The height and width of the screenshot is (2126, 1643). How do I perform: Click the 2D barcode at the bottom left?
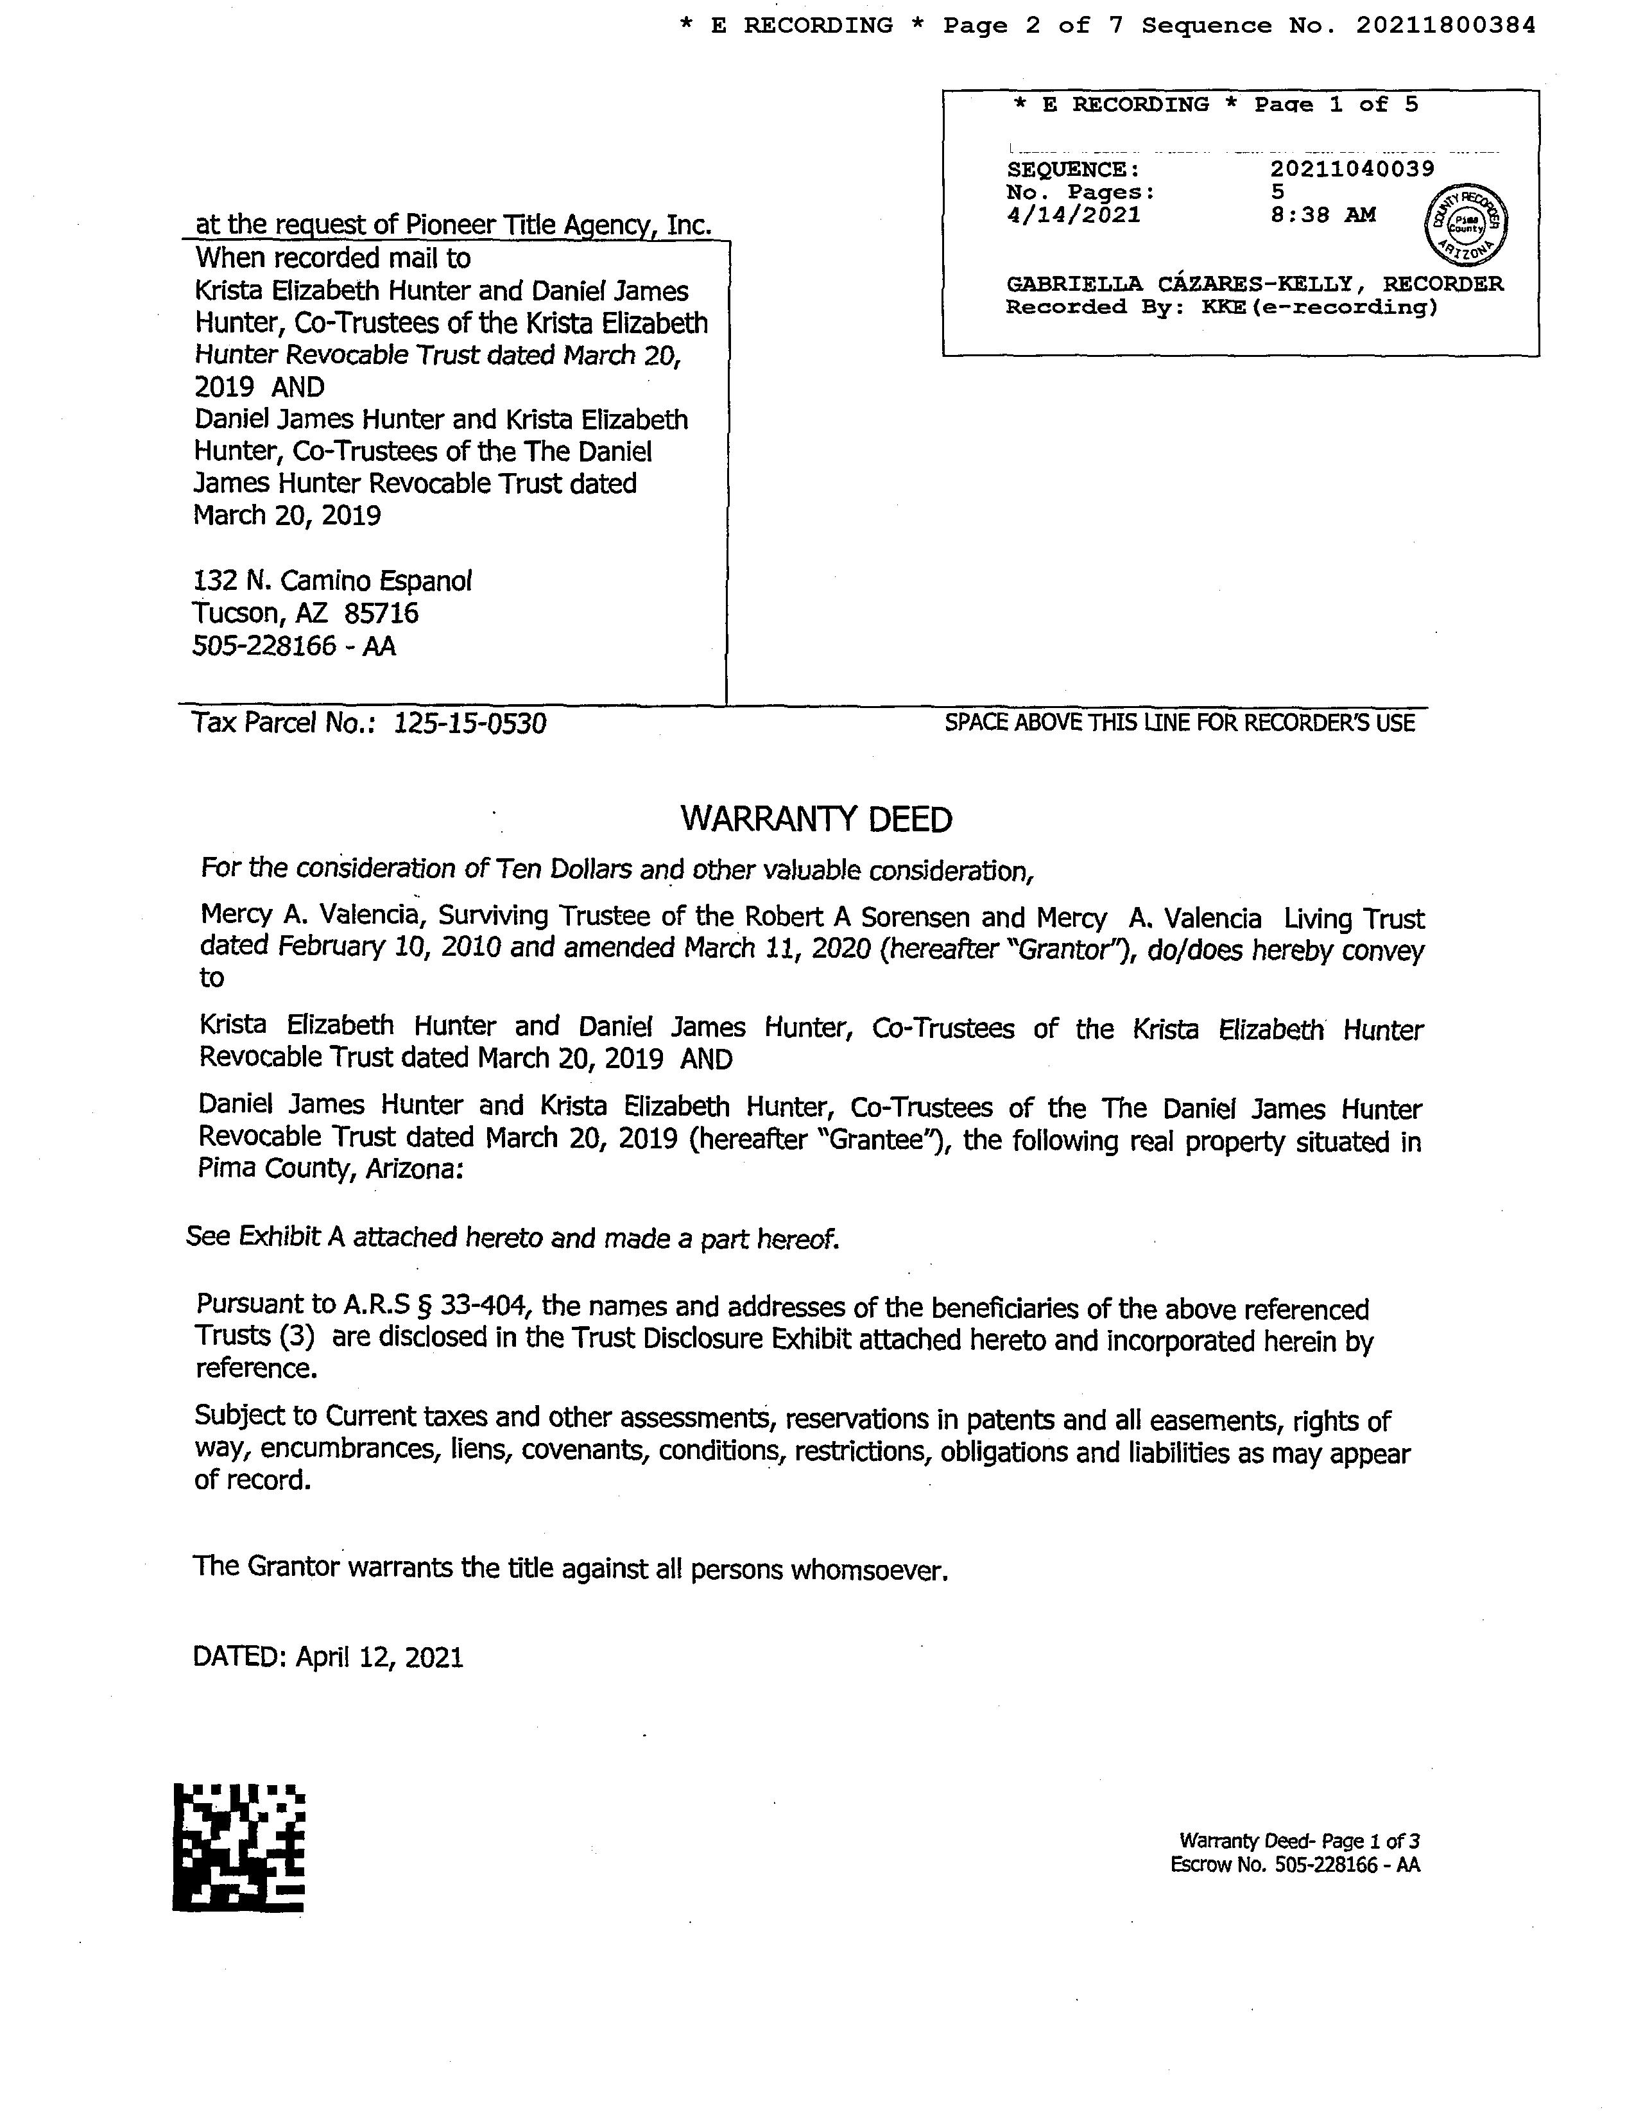[x=239, y=1847]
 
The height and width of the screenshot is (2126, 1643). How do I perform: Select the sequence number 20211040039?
[x=1352, y=168]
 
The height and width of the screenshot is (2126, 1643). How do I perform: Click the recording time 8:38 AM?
[x=1323, y=215]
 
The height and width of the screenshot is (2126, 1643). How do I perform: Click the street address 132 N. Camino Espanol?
[x=332, y=581]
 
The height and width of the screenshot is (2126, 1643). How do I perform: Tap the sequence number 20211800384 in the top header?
[x=1445, y=25]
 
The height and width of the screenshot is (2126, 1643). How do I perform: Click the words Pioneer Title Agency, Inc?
[x=558, y=225]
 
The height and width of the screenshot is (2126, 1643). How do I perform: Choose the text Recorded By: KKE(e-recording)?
[x=1221, y=307]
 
